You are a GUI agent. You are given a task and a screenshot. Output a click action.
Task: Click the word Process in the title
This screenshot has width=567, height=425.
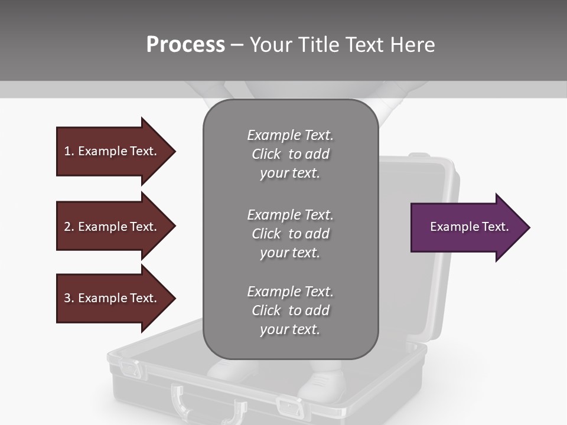coord(185,45)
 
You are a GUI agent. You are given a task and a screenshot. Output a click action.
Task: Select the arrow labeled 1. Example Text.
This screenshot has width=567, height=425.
coord(112,151)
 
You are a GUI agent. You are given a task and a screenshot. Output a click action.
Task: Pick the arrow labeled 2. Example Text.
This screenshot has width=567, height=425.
coord(112,227)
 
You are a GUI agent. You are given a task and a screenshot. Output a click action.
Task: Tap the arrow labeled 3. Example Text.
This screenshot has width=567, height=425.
coord(112,298)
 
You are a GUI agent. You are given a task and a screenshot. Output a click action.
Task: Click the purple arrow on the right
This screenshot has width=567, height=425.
coord(467,227)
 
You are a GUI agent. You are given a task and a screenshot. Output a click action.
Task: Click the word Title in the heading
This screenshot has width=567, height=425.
coord(320,45)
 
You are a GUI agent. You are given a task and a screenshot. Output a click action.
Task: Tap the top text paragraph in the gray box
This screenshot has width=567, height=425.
coord(290,154)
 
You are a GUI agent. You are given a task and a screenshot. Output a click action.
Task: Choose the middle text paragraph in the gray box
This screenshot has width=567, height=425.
coord(290,234)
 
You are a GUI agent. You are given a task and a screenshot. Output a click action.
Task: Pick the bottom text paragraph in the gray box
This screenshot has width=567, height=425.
coord(290,310)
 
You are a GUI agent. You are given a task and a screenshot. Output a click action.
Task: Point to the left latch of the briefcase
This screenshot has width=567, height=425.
coord(131,370)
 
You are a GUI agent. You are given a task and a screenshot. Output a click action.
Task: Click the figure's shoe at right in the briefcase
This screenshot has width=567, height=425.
coord(322,387)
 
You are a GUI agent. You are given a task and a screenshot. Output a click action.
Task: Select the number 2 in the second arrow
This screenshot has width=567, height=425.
coord(67,227)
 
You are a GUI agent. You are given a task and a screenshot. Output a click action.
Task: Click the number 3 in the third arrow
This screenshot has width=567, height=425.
coord(67,298)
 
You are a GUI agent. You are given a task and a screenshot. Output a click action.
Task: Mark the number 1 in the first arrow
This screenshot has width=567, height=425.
coord(67,151)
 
